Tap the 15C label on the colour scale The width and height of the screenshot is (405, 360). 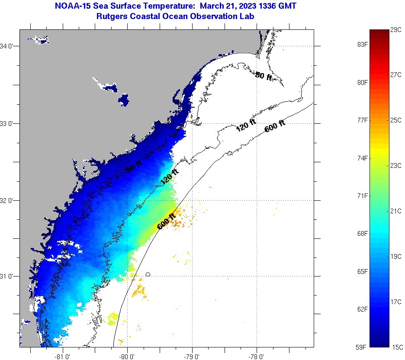(x=397, y=347)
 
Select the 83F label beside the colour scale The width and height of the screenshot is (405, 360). (x=362, y=44)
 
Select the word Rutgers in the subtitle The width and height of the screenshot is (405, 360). (x=111, y=16)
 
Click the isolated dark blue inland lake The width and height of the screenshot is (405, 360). (x=124, y=100)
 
